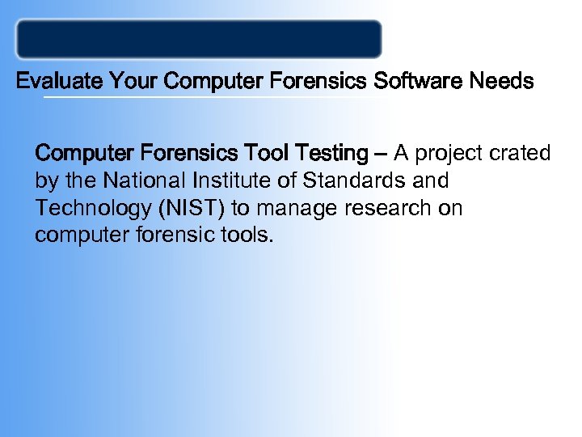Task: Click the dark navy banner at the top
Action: pos(199,39)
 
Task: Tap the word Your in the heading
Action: pos(133,82)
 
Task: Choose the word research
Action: pos(384,209)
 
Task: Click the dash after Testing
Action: pos(380,153)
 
